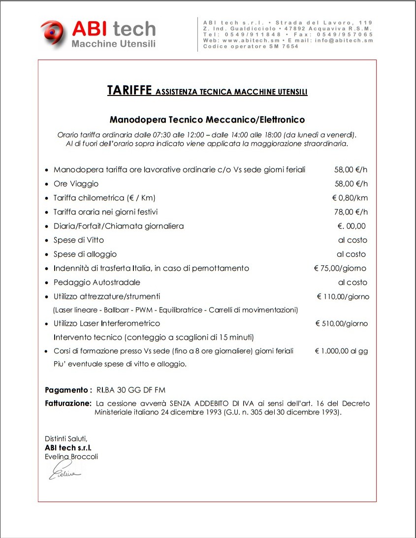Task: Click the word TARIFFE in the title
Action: [129, 91]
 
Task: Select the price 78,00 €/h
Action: [351, 212]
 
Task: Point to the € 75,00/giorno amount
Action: [340, 269]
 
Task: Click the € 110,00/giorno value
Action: [343, 297]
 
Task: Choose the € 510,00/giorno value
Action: [341, 324]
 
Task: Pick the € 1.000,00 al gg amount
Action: [341, 351]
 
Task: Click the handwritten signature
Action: [64, 473]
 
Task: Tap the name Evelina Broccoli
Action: [71, 457]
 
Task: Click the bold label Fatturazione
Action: [68, 403]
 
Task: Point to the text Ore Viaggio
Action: [76, 184]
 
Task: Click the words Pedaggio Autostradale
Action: [97, 283]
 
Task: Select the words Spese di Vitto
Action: [79, 240]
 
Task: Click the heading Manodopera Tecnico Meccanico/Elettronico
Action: [207, 120]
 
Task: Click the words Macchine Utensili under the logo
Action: [113, 44]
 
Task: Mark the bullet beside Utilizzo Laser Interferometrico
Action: [46, 324]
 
